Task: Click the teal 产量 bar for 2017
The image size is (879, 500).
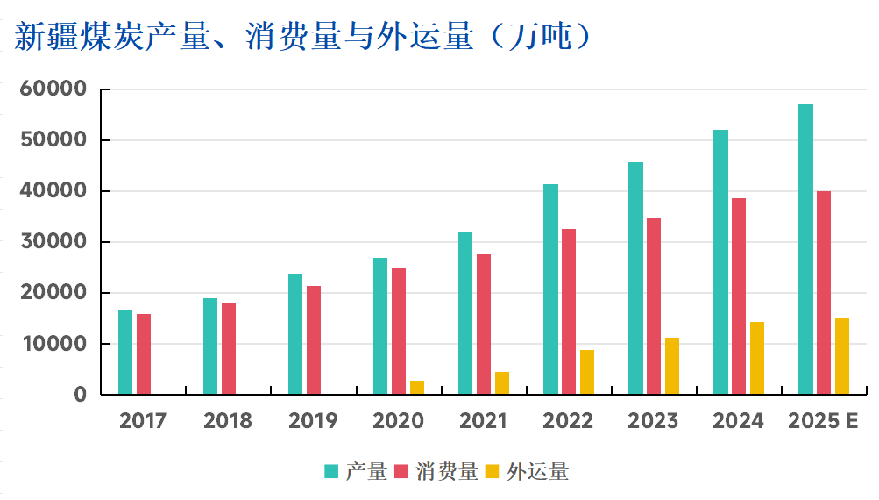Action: (125, 352)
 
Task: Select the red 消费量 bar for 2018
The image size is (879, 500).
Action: (229, 348)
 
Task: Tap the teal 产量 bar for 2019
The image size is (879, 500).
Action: (295, 334)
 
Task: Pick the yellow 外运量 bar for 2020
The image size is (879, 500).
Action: (417, 388)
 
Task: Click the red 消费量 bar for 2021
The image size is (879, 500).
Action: (484, 324)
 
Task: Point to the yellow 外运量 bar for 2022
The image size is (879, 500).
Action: (586, 372)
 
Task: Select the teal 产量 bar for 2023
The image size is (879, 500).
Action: (635, 278)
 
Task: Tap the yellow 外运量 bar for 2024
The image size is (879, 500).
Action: (756, 358)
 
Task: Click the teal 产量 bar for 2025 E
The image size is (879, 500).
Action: (805, 249)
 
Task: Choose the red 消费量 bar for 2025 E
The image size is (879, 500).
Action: (824, 292)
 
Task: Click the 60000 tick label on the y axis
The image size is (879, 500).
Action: (55, 89)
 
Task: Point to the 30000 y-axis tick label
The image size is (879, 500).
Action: (55, 242)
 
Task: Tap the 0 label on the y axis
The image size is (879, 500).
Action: (81, 395)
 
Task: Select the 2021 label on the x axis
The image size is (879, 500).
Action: (483, 421)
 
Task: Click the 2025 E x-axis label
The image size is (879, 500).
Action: (823, 421)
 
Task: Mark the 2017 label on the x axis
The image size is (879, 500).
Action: (143, 421)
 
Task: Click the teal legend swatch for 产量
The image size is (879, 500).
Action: (331, 472)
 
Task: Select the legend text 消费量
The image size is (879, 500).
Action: (449, 472)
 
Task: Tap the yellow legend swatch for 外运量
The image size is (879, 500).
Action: (492, 472)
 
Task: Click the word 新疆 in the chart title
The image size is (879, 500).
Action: (45, 37)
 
